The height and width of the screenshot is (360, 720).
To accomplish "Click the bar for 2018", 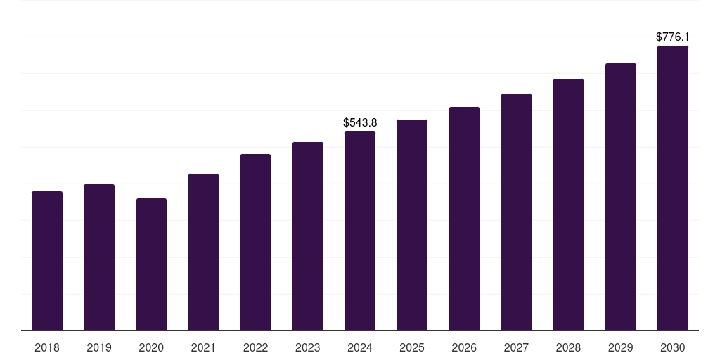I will tap(47, 261).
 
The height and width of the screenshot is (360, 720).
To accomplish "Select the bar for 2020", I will tap(151, 264).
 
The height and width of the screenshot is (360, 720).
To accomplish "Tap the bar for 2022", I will tap(255, 243).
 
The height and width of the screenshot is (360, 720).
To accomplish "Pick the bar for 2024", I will tap(360, 231).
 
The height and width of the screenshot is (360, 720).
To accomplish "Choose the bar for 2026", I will tap(464, 219).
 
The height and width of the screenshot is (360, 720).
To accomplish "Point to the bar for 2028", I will tap(568, 205).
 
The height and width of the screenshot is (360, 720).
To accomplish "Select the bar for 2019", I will tap(99, 257).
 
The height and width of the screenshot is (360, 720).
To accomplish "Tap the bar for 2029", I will tap(620, 197).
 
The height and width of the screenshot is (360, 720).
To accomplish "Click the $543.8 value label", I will tap(360, 122).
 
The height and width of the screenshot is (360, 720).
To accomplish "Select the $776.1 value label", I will tap(672, 37).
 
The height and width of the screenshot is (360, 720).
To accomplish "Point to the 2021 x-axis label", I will tap(203, 347).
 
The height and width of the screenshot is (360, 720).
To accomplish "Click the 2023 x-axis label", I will tap(307, 347).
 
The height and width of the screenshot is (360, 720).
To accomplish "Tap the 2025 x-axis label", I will tap(412, 347).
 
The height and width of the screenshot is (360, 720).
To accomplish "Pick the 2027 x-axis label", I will tap(516, 347).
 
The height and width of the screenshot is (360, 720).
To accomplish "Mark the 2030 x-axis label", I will tap(672, 347).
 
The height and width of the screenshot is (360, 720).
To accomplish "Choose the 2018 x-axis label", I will tap(47, 347).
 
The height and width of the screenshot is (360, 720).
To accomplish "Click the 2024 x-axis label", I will tap(360, 347).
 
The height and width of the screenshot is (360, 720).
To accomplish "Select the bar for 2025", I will tap(412, 225).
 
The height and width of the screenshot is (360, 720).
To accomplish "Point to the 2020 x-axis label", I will tap(151, 347).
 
